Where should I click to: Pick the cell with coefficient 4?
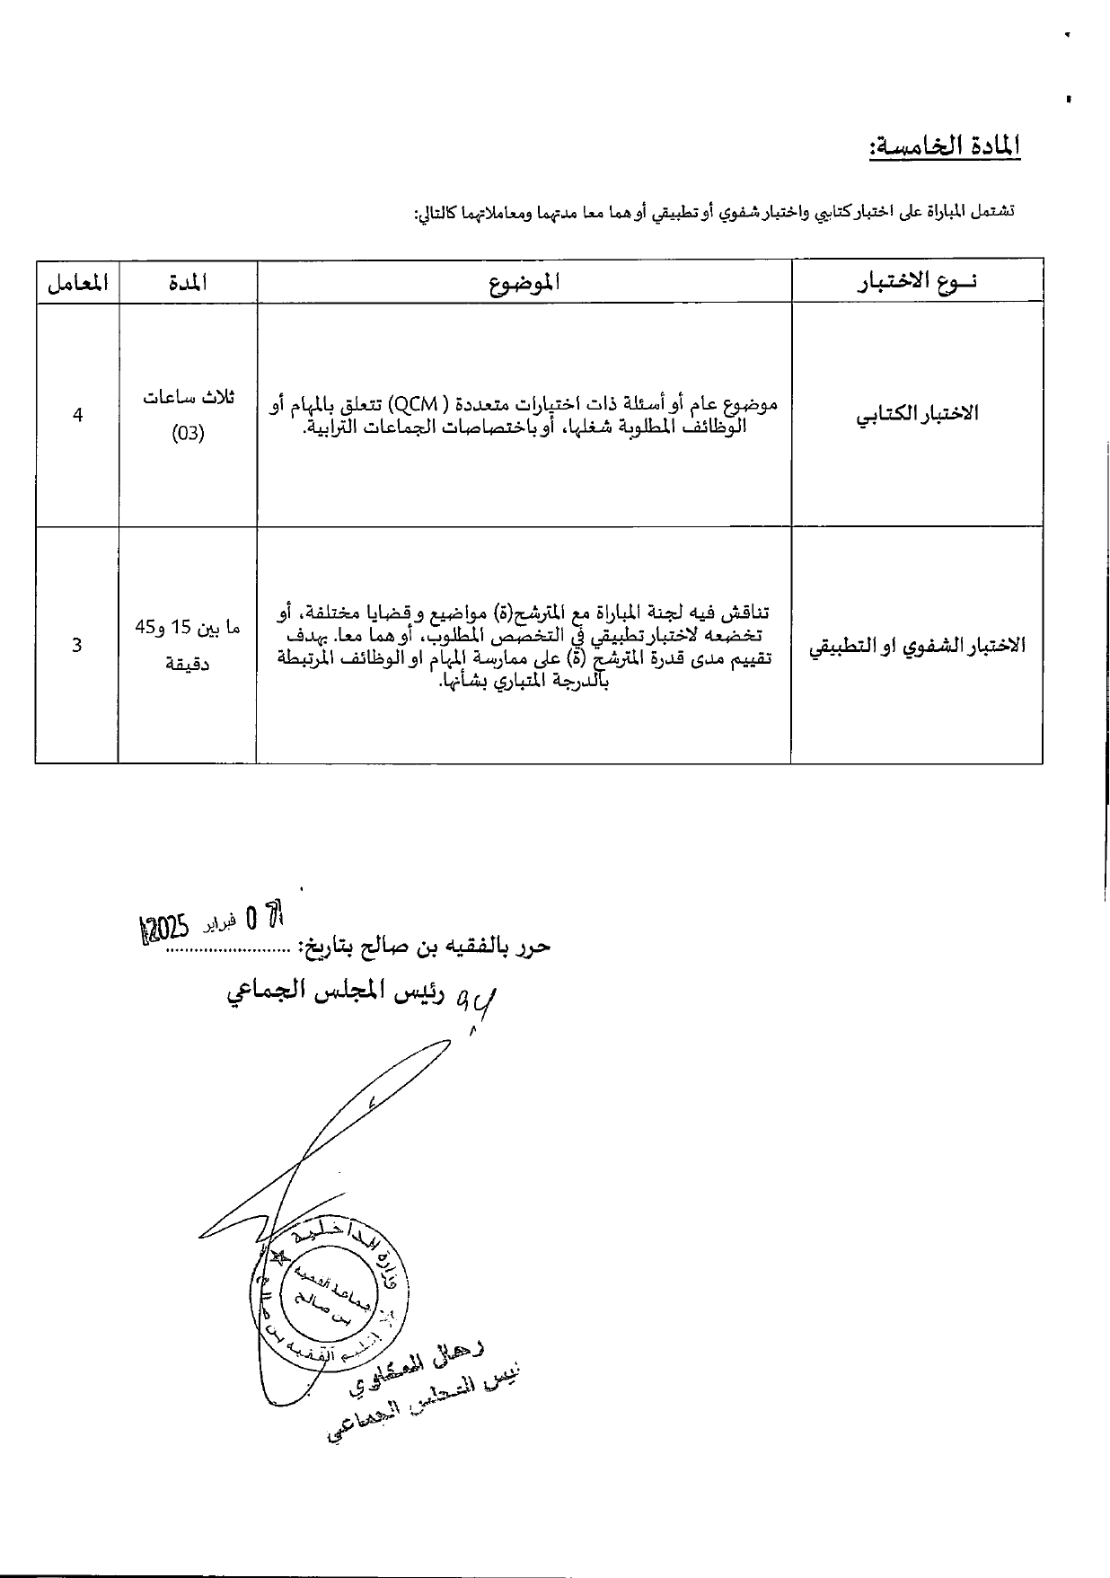(x=78, y=415)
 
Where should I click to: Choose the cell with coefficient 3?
(x=76, y=645)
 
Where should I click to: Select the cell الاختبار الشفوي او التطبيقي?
(x=916, y=646)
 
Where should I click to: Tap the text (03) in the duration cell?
(x=188, y=434)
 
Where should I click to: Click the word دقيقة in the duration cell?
(x=188, y=666)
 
